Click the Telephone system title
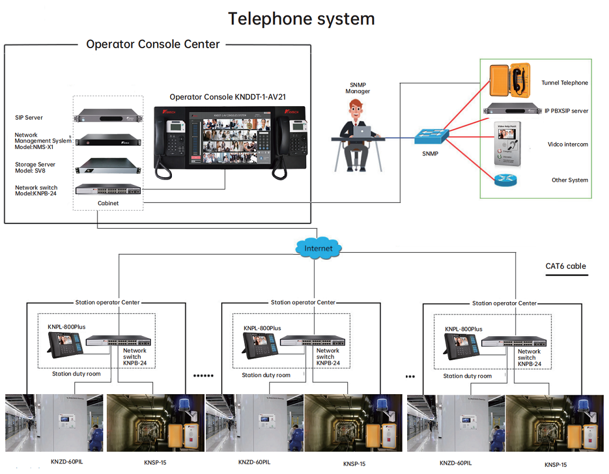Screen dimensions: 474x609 (301, 19)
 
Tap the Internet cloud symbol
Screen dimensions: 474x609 (318, 248)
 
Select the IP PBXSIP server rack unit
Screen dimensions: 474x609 (511, 110)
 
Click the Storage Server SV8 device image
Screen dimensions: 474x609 (108, 167)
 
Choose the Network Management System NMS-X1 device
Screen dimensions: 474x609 (108, 141)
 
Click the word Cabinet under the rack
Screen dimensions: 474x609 (108, 203)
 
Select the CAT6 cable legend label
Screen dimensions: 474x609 (566, 266)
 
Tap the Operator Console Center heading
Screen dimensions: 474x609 (153, 45)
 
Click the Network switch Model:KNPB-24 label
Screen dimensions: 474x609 (36, 190)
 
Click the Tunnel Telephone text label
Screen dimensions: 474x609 (564, 83)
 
